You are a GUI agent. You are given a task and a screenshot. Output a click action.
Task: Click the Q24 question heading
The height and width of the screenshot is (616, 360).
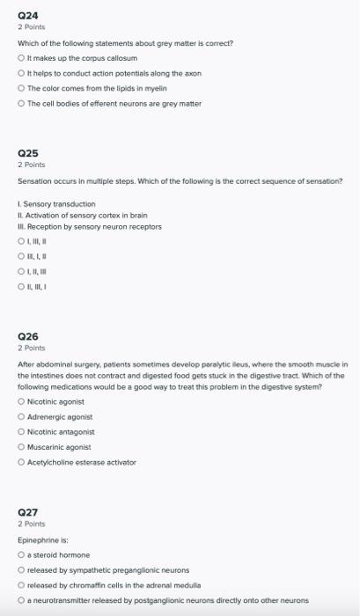pyautogui.click(x=28, y=15)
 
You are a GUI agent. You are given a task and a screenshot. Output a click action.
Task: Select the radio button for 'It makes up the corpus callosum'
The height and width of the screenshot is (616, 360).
pyautogui.click(x=21, y=57)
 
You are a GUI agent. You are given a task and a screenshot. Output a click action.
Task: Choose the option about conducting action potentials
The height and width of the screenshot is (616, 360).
pyautogui.click(x=21, y=73)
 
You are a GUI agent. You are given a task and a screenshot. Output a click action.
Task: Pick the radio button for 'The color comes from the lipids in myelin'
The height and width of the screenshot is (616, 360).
pyautogui.click(x=21, y=88)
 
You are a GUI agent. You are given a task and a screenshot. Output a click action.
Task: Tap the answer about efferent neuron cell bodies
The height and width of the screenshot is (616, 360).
pyautogui.click(x=21, y=103)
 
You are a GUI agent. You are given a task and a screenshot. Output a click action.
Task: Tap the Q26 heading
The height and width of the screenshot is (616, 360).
pyautogui.click(x=28, y=336)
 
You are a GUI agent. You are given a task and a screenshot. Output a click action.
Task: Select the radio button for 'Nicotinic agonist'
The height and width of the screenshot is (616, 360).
pyautogui.click(x=21, y=401)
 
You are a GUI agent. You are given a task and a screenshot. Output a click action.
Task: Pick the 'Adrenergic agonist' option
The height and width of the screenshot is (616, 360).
pyautogui.click(x=21, y=416)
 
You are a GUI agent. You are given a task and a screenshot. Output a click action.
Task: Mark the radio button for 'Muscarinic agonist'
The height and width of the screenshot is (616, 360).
pyautogui.click(x=21, y=446)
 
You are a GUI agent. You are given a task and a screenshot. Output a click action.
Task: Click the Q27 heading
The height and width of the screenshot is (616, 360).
pyautogui.click(x=28, y=510)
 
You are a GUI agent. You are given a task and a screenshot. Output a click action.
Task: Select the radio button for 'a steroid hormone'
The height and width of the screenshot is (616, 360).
pyautogui.click(x=21, y=555)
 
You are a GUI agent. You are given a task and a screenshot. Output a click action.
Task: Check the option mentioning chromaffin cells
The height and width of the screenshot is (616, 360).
pyautogui.click(x=21, y=585)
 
